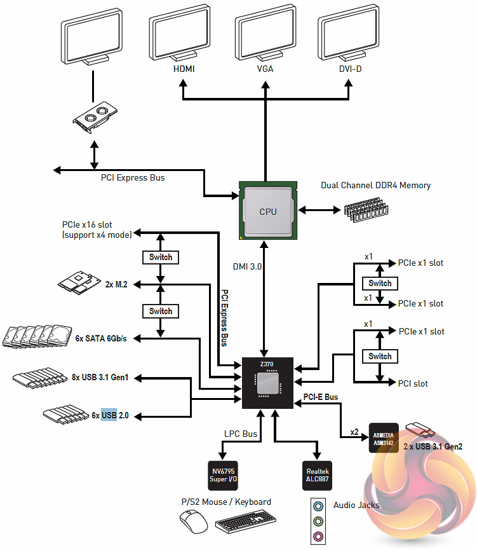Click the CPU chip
pyautogui.click(x=268, y=211)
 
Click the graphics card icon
pyautogui.click(x=95, y=115)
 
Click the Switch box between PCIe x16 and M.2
pyautogui.click(x=161, y=258)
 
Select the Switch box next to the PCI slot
pyautogui.click(x=380, y=356)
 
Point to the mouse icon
pyautogui.click(x=194, y=523)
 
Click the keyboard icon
pyautogui.click(x=245, y=525)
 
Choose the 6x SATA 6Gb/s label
pyautogui.click(x=101, y=338)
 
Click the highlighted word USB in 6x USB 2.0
pyautogui.click(x=109, y=415)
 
